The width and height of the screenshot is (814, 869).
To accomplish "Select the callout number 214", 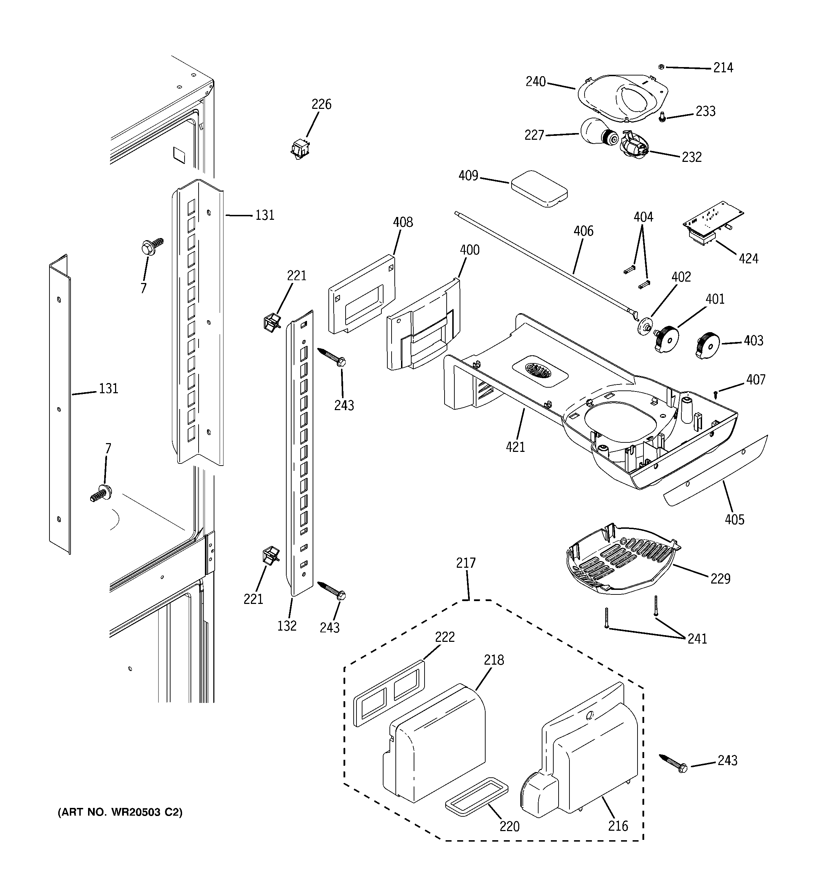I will coord(723,68).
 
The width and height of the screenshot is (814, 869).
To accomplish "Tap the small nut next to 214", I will coord(661,66).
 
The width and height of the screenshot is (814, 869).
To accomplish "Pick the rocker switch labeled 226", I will coord(300,148).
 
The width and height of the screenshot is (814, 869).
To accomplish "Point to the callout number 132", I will coord(287,626).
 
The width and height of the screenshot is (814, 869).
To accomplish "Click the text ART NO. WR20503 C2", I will coord(120,812).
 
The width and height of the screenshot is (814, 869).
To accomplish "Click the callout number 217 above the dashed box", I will coord(466,563).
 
